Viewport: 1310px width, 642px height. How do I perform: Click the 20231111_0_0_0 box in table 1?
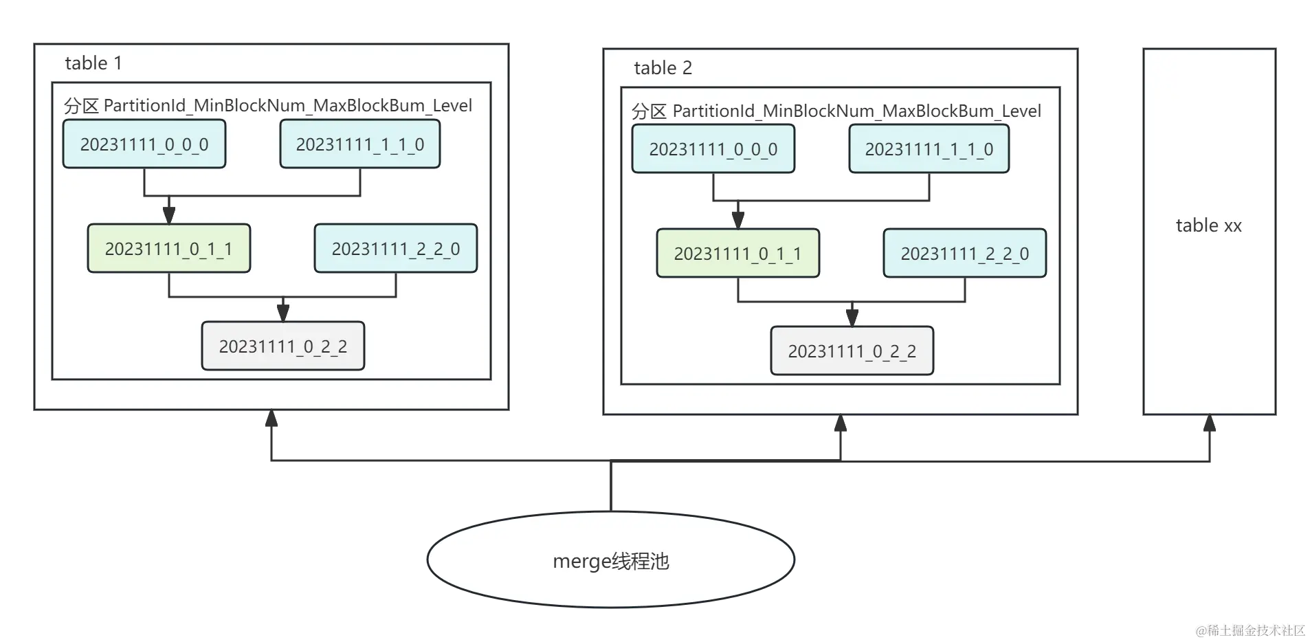(144, 144)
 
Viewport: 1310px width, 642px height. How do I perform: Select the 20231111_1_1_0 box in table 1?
(359, 144)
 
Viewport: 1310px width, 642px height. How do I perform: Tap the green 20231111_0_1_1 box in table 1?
(169, 249)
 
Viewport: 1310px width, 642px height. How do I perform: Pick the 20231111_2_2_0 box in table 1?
(396, 249)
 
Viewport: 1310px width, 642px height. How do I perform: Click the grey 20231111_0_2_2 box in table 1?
(283, 346)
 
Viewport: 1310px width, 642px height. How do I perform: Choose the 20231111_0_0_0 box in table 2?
(713, 149)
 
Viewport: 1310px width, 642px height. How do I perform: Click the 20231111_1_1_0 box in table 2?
(929, 149)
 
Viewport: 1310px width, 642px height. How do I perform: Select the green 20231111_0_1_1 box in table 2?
(738, 254)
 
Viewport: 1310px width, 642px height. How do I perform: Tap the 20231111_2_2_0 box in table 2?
(965, 254)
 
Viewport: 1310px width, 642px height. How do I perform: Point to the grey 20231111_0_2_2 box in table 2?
(852, 351)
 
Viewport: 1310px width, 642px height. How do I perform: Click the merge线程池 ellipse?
(611, 561)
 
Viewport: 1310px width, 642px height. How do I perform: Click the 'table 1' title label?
(93, 63)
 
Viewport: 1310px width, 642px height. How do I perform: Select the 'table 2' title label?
(663, 68)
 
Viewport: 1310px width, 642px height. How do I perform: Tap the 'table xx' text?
(1209, 225)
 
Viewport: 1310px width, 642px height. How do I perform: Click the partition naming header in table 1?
(268, 106)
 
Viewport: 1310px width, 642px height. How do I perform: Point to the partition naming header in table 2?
(836, 111)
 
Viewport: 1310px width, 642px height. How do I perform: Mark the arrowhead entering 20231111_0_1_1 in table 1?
(169, 215)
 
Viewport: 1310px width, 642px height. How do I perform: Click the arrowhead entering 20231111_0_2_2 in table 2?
(852, 318)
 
